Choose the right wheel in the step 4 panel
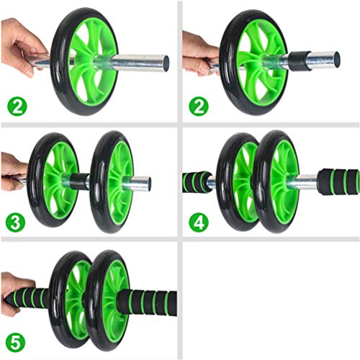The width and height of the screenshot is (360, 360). [x=277, y=180]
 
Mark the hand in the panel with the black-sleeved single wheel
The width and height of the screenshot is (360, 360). [x=197, y=54]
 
